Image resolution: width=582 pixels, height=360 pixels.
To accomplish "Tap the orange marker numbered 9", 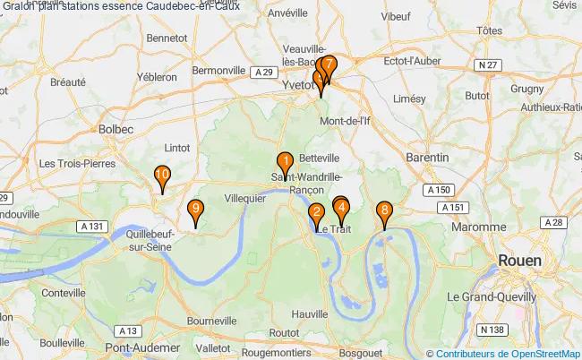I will point(196,210).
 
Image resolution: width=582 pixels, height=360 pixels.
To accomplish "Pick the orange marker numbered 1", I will point(285,163).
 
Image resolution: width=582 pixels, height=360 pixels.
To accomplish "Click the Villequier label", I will point(244,198).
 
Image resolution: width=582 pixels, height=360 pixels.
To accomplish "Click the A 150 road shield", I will point(438,190).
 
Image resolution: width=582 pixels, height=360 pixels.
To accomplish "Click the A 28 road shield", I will point(552,222).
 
